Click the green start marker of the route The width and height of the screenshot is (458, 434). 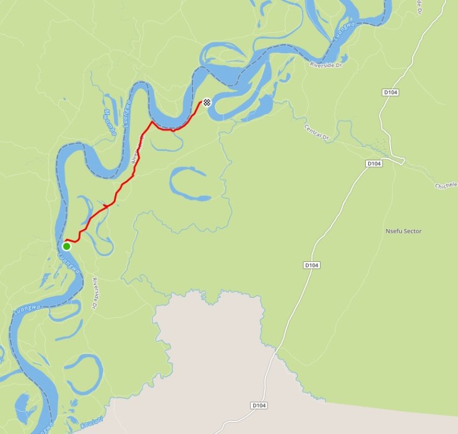point(66,246)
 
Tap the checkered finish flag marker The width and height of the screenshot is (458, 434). point(207,102)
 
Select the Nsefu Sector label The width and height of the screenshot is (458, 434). point(403,231)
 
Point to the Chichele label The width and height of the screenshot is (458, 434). point(445,185)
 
